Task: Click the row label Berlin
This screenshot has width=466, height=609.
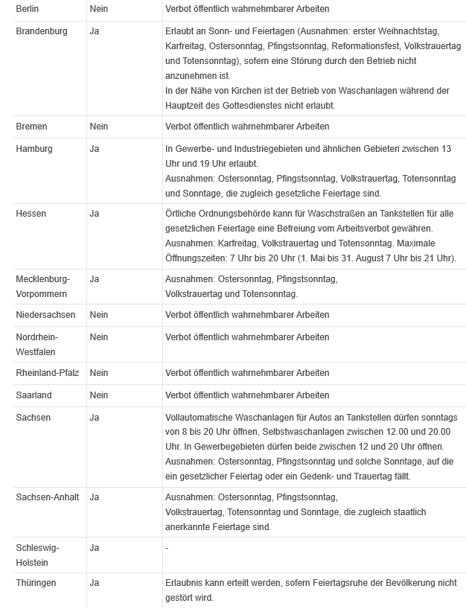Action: [x=28, y=9]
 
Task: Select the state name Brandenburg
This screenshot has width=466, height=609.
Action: [x=42, y=31]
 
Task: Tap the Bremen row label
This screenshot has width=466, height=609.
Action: [x=31, y=127]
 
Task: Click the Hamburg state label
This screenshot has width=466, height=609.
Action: [x=34, y=149]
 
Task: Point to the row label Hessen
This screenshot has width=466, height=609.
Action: [x=31, y=214]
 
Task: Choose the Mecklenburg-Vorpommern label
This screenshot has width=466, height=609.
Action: [x=42, y=287]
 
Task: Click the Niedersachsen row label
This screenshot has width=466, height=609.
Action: [x=45, y=315]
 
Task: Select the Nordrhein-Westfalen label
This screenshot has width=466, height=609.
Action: [x=39, y=344]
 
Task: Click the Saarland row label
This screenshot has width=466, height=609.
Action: [x=34, y=395]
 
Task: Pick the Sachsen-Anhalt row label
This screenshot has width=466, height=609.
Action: [x=48, y=497]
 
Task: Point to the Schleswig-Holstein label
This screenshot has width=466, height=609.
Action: [x=37, y=555]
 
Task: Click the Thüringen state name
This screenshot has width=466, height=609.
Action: [x=36, y=583]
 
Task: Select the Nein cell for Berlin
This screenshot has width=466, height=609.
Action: [x=98, y=9]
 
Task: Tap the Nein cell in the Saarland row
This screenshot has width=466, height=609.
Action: [x=98, y=395]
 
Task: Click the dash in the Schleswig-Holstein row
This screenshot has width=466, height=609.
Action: [x=167, y=549]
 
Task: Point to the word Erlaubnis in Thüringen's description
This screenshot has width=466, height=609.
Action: [x=185, y=583]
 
